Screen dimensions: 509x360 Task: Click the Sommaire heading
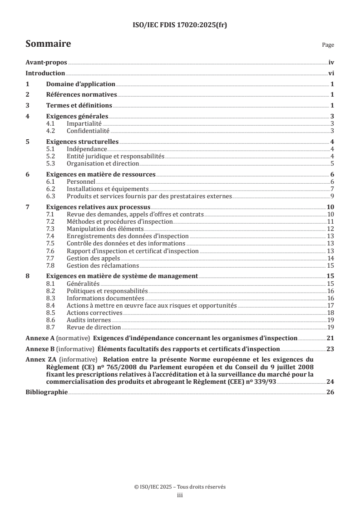48,44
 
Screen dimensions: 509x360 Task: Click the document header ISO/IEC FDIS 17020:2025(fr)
180,25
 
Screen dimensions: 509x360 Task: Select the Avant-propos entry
46,64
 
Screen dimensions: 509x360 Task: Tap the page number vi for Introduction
331,73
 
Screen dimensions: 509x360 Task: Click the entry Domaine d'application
81,84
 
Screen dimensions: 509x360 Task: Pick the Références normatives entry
82,94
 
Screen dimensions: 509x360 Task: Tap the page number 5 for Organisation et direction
332,163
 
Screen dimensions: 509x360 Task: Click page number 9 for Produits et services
332,196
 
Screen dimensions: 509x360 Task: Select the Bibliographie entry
46,392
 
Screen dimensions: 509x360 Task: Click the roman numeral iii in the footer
180,496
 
